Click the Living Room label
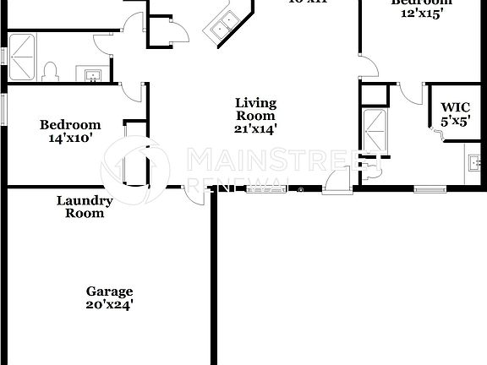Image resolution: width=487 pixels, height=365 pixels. pos(255,109)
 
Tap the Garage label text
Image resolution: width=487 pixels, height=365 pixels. pos(109,291)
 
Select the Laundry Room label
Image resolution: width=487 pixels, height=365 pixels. pos(85,207)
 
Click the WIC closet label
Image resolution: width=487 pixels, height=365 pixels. pos(456,107)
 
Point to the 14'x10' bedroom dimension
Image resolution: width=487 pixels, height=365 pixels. pos(70,139)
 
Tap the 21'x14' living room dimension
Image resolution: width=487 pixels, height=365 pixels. pos(255,129)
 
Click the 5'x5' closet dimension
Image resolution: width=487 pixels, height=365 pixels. pos(456,121)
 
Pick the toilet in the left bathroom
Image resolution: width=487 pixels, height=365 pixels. pos(49,72)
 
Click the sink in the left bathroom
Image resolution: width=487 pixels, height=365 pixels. pos(91,75)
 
